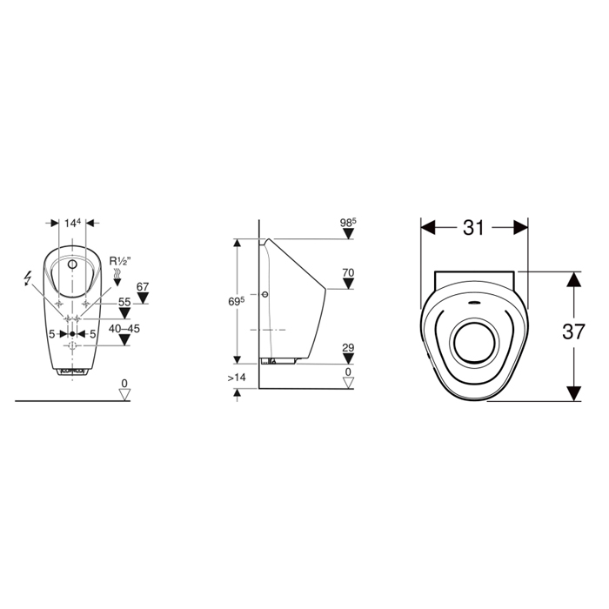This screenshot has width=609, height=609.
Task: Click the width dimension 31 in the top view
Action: click(473, 228)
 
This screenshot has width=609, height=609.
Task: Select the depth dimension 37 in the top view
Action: click(573, 331)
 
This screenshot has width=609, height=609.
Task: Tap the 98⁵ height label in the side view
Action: click(348, 223)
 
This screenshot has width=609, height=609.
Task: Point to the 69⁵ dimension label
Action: click(236, 301)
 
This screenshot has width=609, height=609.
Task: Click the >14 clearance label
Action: click(237, 377)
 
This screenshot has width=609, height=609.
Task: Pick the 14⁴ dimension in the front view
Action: click(72, 223)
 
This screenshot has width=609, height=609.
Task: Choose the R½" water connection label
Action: click(120, 261)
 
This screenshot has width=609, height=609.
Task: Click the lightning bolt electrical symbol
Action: click(28, 278)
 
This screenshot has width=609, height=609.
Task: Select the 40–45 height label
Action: click(124, 329)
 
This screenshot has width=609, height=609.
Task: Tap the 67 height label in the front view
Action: click(143, 286)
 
